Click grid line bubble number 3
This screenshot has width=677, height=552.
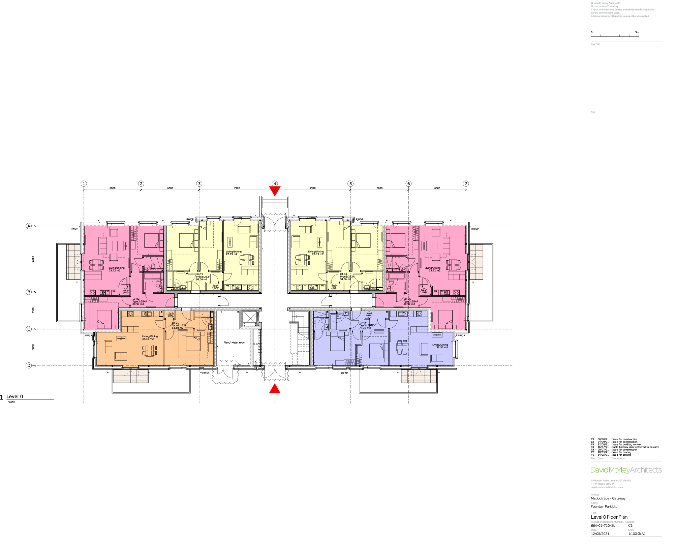(x=199, y=184)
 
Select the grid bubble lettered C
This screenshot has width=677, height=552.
(x=29, y=329)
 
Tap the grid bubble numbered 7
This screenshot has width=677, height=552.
(x=466, y=184)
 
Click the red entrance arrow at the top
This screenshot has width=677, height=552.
(x=275, y=191)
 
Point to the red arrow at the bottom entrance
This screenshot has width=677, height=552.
(x=275, y=389)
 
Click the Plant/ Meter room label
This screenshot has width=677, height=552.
(x=234, y=343)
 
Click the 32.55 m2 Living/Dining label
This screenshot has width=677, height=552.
(x=440, y=346)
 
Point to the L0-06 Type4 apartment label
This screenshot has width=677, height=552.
(x=366, y=325)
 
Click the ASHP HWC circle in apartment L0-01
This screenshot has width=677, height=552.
(x=171, y=315)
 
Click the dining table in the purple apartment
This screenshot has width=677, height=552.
(x=402, y=347)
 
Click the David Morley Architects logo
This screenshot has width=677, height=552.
(x=626, y=470)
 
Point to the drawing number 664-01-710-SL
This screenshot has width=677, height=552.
(x=603, y=525)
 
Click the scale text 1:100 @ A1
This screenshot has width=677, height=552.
(x=637, y=533)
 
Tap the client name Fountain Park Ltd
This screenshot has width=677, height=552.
(x=604, y=507)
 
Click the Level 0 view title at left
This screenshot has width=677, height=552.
(x=15, y=396)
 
